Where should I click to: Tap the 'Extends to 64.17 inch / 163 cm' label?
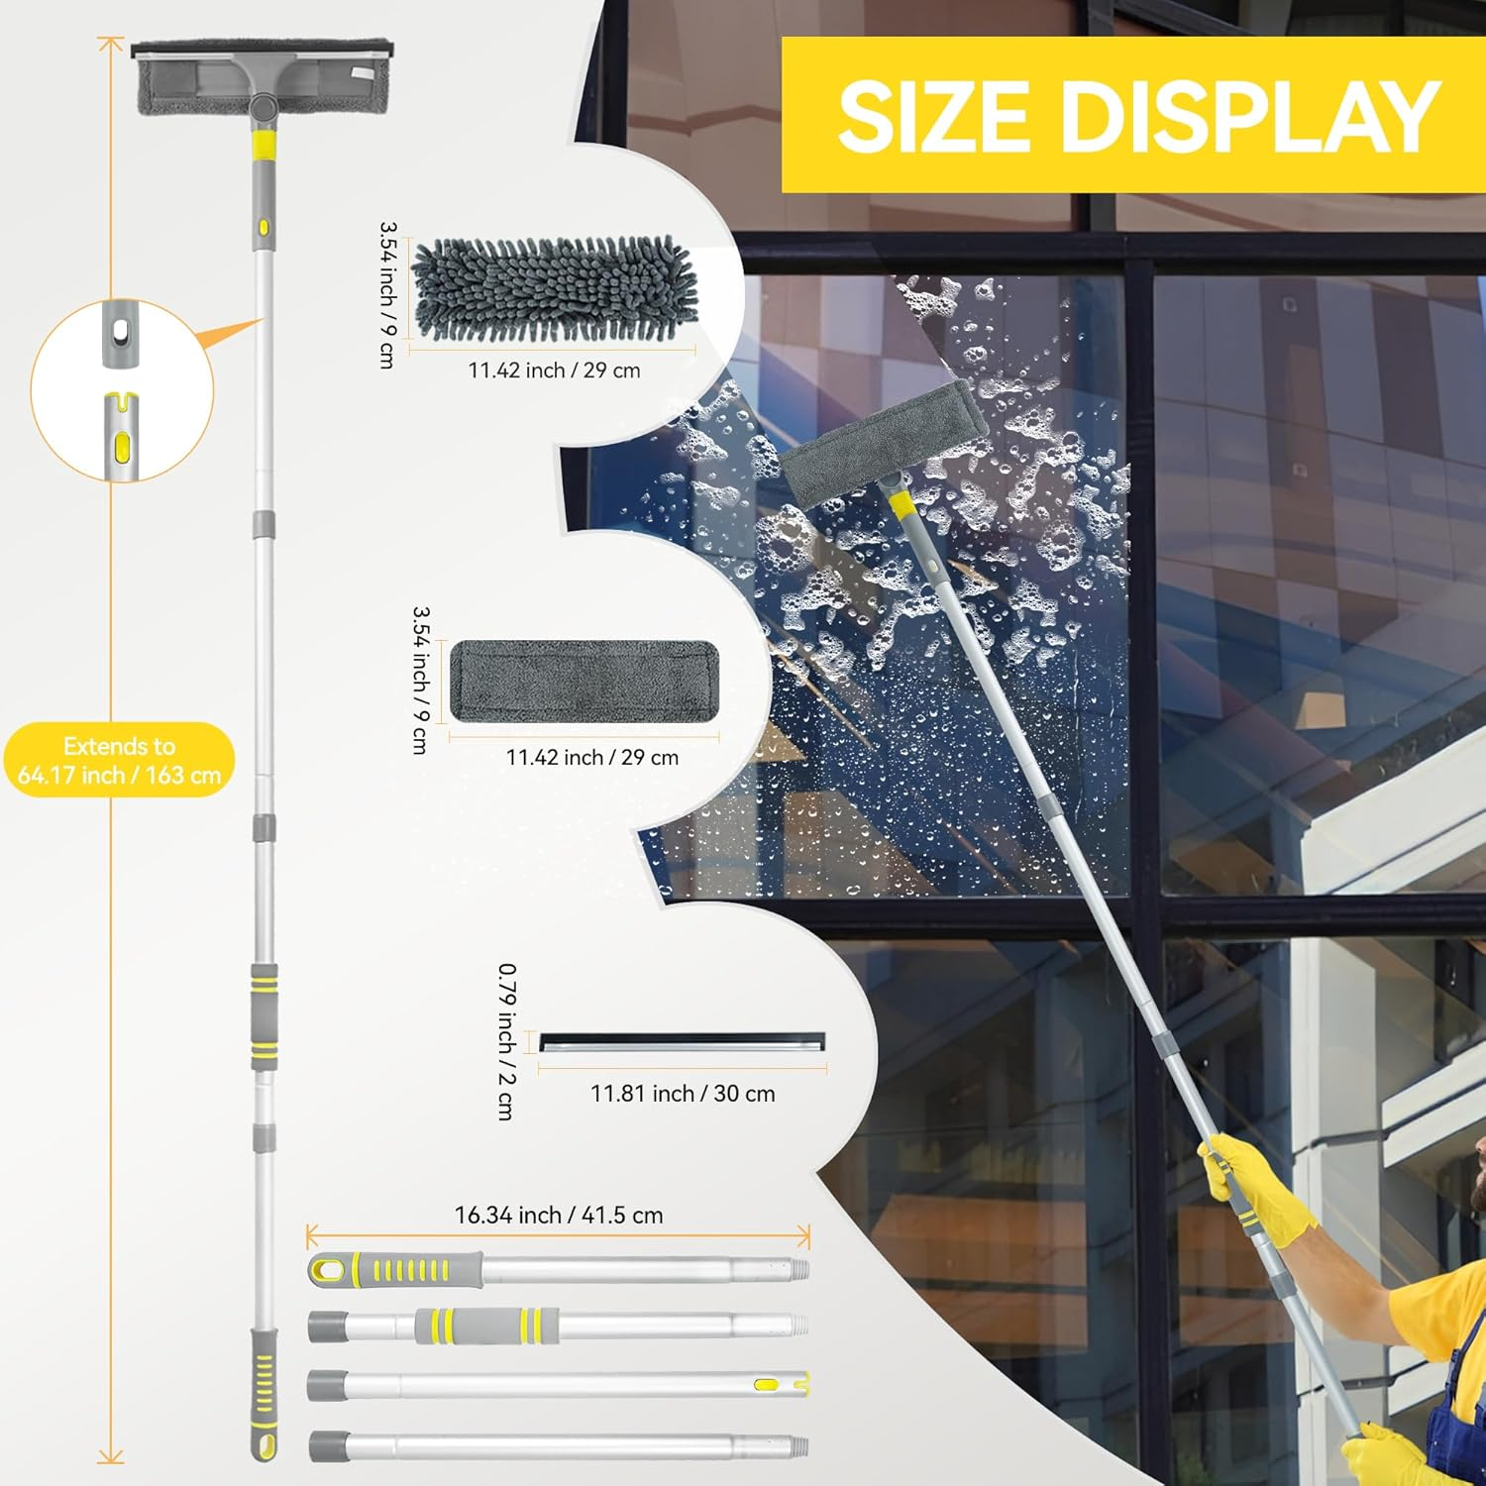119,761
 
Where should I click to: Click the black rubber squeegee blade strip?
682,1042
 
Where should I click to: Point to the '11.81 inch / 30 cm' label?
683,1094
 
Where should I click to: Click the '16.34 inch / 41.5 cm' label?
559,1215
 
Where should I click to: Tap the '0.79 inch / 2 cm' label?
506,1041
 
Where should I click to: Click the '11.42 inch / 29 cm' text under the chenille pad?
554,371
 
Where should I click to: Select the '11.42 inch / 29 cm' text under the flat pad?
592,758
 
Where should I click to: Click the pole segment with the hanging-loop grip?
559,1270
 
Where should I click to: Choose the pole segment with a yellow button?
558,1385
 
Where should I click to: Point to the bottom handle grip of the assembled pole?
264,1395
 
